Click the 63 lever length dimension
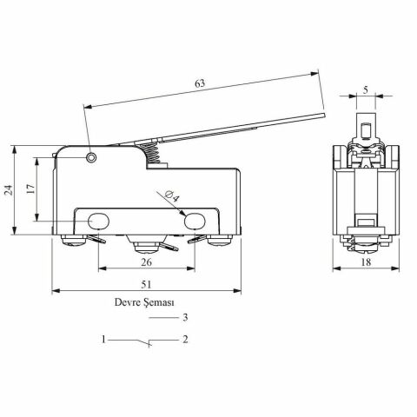point(200,83)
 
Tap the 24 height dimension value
point(10,190)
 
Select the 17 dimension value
point(30,189)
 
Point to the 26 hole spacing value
point(146,262)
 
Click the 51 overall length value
point(146,284)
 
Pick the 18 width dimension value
point(366,262)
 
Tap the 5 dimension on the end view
point(366,90)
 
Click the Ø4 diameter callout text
point(172,196)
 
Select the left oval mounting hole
point(98,222)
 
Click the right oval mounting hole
point(195,222)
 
